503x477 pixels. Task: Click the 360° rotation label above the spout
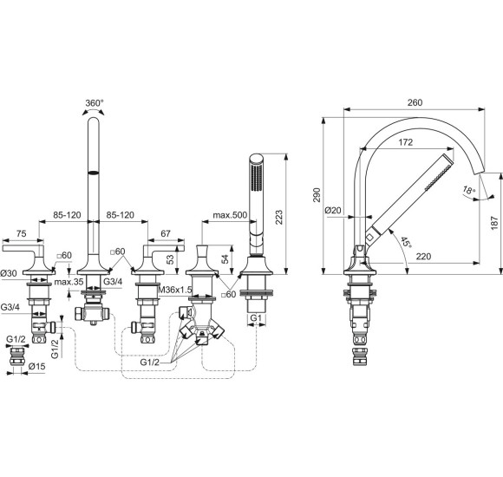click(x=94, y=102)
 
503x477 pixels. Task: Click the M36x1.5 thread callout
click(x=180, y=288)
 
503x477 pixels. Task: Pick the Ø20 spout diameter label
click(x=334, y=209)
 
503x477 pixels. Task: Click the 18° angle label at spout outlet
click(x=471, y=189)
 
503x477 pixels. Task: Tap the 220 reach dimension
click(x=423, y=256)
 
